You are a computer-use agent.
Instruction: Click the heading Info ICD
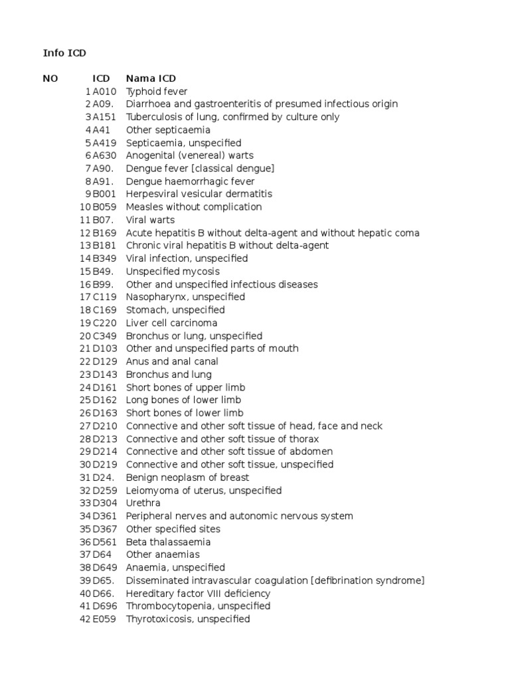65,52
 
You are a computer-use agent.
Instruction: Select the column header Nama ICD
151,78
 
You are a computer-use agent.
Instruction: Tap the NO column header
50,78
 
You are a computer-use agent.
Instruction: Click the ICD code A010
104,92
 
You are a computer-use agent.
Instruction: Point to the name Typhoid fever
157,92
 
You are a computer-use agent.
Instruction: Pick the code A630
104,155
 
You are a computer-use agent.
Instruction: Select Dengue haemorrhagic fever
190,181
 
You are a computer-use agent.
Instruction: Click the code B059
104,207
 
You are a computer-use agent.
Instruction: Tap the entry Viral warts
150,220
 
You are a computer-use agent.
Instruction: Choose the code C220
104,323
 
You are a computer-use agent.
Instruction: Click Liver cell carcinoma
171,323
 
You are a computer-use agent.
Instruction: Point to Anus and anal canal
172,361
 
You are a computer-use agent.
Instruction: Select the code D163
104,413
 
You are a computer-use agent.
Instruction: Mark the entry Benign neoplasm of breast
187,477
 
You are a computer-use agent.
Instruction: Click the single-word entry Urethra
143,503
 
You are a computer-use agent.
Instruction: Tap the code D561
104,542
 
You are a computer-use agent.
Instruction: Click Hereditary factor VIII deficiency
198,594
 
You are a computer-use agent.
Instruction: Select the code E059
104,619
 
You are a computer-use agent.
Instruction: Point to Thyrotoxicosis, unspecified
188,619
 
